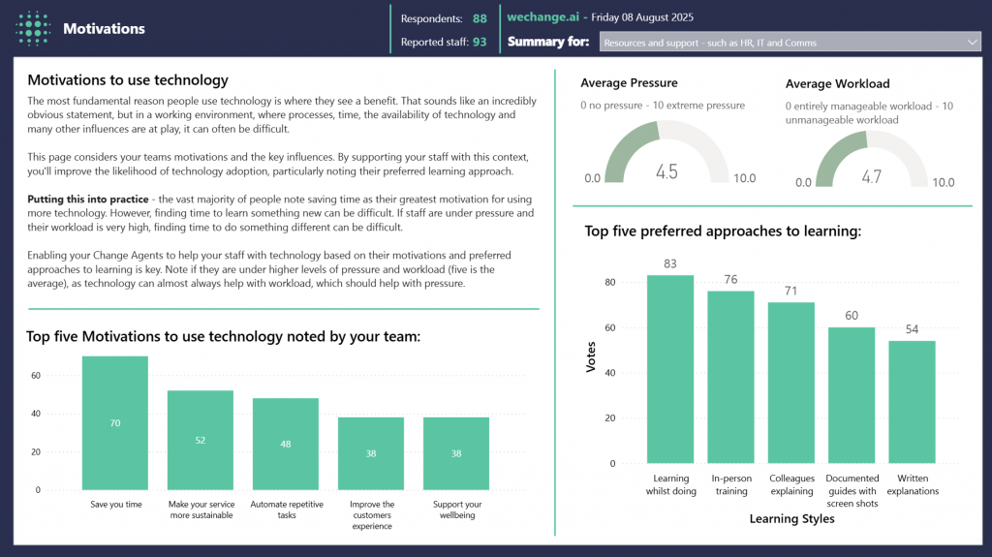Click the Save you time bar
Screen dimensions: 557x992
pos(114,423)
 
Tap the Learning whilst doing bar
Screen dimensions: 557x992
pos(670,369)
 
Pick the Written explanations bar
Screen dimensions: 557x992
pos(912,402)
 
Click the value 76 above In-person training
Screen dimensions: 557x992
pos(730,280)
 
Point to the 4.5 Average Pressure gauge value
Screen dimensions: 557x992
pos(666,171)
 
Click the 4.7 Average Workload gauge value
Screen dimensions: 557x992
pos(870,176)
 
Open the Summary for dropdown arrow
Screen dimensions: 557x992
pos(973,43)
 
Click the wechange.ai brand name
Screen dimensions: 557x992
pos(542,17)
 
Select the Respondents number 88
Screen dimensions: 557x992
pos(480,17)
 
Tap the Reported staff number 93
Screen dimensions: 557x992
pos(480,43)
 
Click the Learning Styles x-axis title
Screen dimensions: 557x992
pos(791,519)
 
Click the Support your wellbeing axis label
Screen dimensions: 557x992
pos(456,510)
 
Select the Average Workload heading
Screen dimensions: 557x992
pos(837,83)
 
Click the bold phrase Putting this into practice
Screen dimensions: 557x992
pos(88,200)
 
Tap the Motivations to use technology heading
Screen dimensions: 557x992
pos(128,80)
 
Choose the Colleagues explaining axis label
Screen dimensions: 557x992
pos(791,484)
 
